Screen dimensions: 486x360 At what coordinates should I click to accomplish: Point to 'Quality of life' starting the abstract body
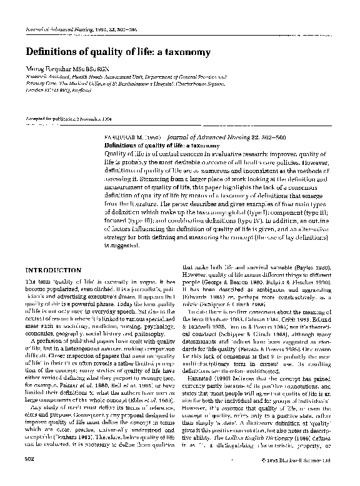tap(122, 153)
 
